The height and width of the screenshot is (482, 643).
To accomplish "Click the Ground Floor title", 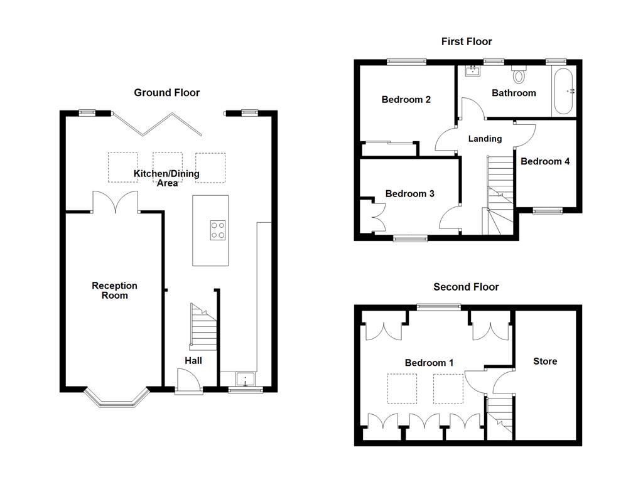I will (x=166, y=93).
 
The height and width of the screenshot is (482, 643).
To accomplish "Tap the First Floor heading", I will (x=467, y=41).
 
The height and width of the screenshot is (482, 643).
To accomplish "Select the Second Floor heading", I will (x=466, y=287).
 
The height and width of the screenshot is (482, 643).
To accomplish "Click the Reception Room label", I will (x=114, y=291).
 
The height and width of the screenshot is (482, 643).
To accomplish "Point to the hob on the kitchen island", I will (x=217, y=230).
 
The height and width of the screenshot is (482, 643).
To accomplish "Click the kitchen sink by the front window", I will (x=244, y=379).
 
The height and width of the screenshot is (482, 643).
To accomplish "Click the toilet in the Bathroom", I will (x=519, y=75).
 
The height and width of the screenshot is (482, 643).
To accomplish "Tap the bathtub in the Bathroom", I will (x=563, y=91).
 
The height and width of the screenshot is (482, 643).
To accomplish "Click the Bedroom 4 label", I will (x=545, y=161).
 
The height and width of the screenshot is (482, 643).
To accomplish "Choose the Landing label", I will (x=485, y=139).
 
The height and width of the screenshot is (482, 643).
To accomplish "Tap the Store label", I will (x=545, y=361).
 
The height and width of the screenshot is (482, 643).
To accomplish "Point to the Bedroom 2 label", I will (x=406, y=99).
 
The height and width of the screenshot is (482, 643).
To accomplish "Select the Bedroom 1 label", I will (x=429, y=362).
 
